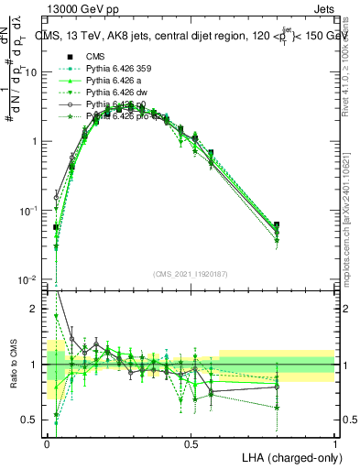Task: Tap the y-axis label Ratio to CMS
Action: click(x=13, y=365)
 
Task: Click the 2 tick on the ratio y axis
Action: click(x=35, y=309)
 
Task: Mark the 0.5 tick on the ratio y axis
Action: click(x=30, y=420)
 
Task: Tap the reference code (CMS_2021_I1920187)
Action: click(x=191, y=274)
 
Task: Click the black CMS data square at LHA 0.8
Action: click(x=277, y=224)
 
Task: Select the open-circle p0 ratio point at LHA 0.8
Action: click(x=277, y=387)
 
